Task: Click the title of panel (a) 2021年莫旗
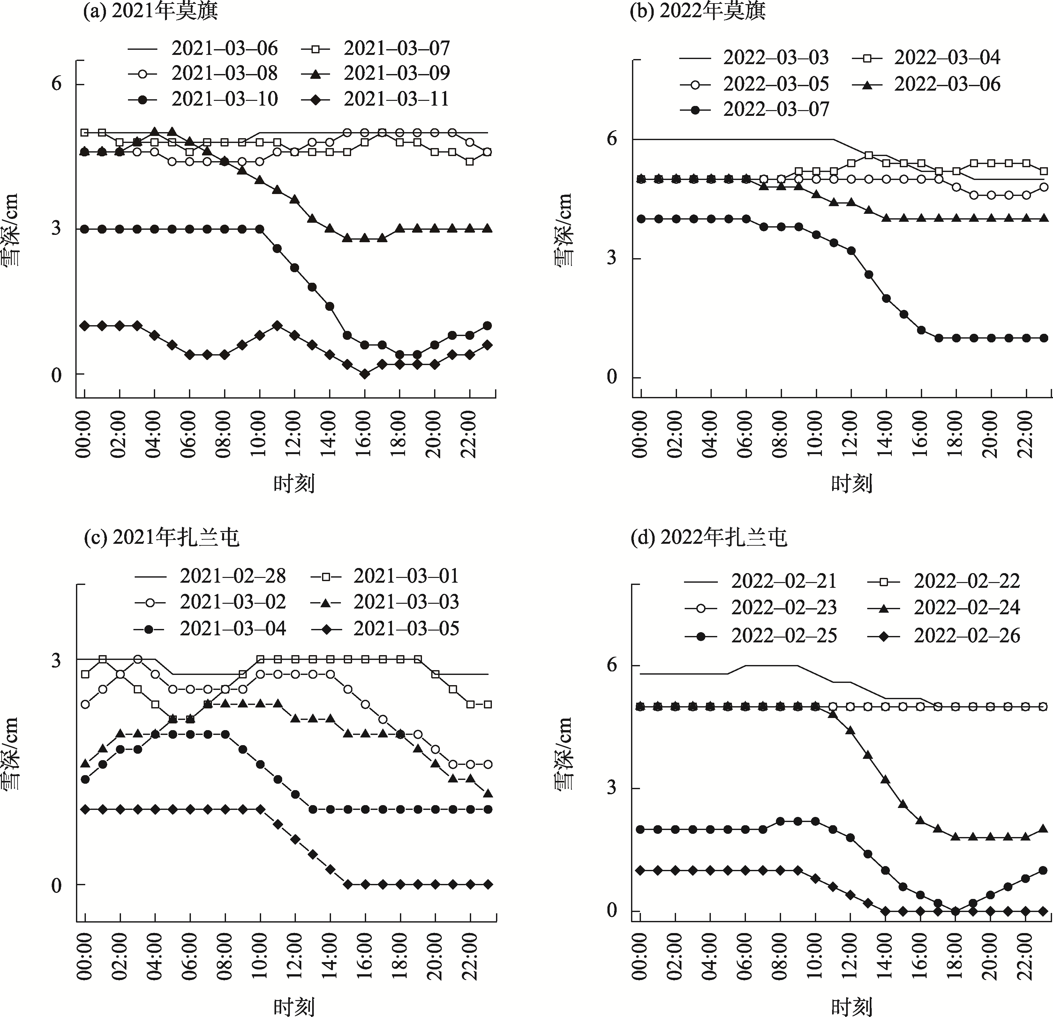click(x=150, y=11)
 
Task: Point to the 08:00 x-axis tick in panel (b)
click(x=781, y=434)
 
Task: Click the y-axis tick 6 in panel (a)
click(x=56, y=84)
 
